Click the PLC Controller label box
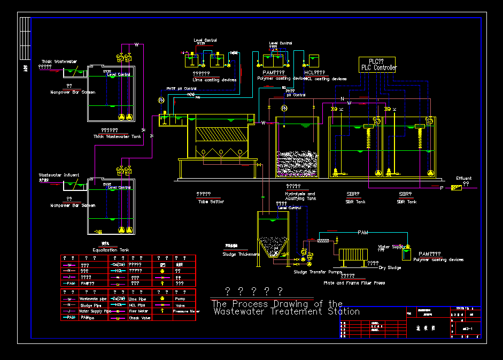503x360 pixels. [377, 65]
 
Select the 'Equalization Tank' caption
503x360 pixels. [111, 250]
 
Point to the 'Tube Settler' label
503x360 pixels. [210, 202]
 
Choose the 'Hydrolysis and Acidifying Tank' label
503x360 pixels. [300, 196]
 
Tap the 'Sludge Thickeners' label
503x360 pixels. [241, 254]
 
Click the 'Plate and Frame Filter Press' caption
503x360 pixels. [354, 282]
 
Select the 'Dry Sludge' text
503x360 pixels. [390, 267]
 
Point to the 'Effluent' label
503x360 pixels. [463, 178]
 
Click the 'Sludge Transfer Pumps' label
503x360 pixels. [318, 272]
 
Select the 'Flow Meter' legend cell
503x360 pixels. [138, 311]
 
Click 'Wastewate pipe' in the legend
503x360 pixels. [92, 298]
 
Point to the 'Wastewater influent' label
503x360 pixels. [59, 175]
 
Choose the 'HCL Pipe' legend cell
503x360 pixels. [137, 304]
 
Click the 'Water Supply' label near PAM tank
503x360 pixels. [391, 247]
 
